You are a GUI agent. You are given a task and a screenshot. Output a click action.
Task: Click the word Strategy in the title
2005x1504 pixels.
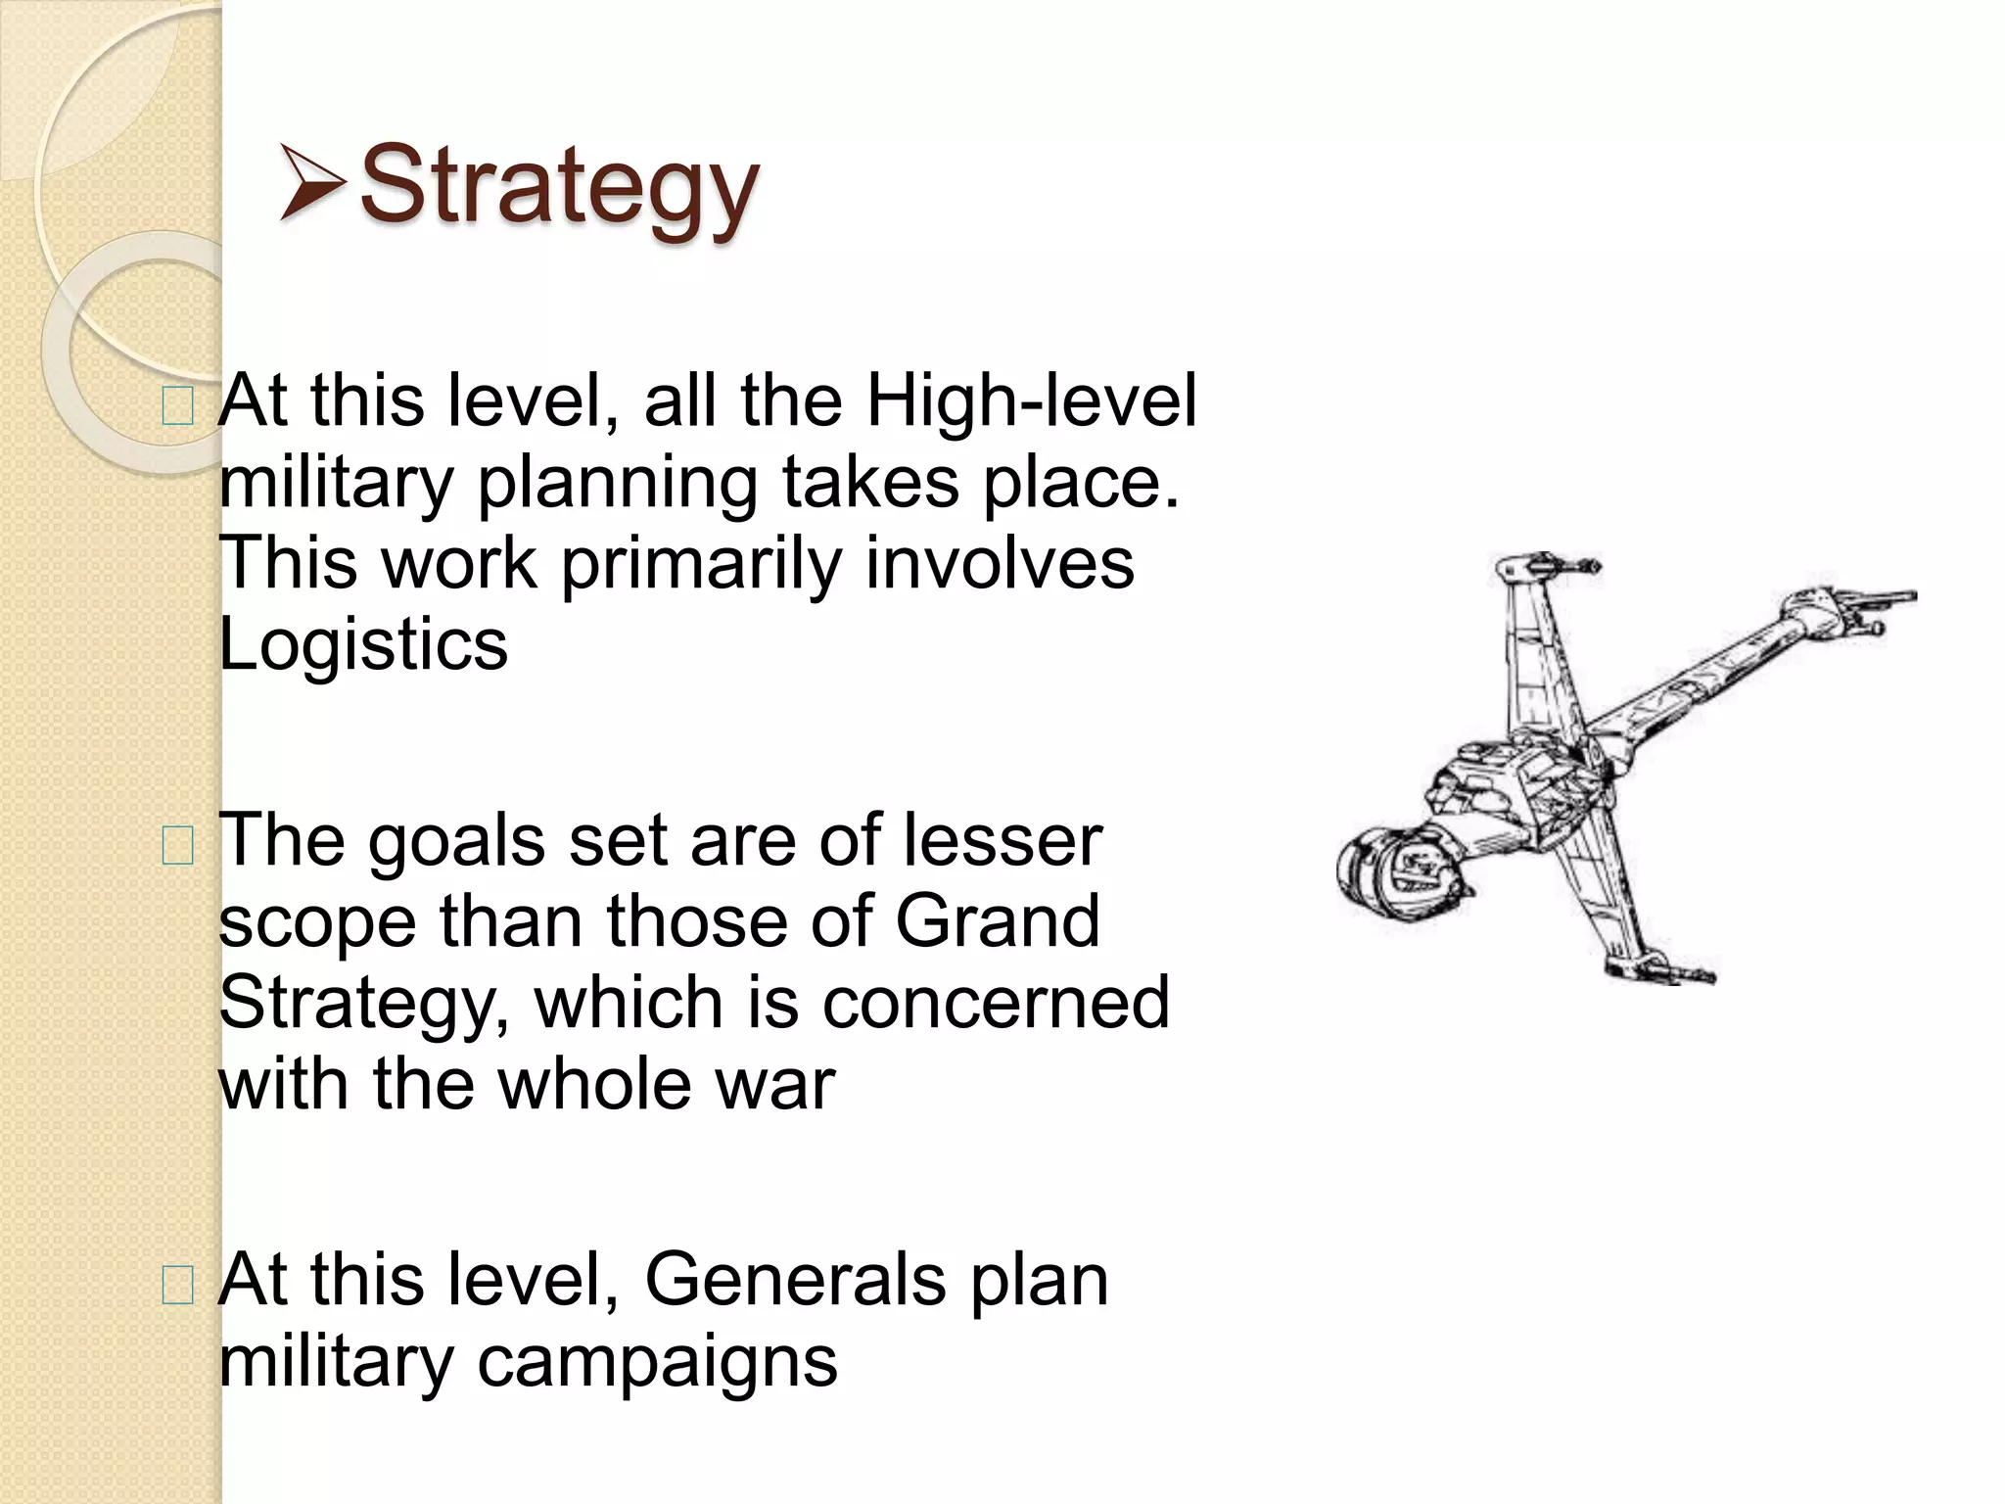(559, 186)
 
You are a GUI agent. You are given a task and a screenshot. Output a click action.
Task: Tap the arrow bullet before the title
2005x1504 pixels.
(311, 181)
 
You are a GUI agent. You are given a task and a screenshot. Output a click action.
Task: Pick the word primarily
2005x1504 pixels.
(701, 563)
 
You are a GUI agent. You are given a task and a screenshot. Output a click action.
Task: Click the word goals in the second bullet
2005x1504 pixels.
(456, 840)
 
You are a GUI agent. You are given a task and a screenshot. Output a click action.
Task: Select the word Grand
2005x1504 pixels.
(998, 920)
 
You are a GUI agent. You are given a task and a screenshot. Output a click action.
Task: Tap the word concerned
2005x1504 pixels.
(996, 1002)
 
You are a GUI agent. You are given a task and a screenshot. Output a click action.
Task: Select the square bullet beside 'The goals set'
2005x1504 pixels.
(177, 845)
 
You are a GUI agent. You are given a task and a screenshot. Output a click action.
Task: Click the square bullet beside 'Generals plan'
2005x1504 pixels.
(177, 1284)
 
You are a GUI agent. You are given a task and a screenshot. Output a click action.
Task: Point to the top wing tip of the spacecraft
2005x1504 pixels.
(1542, 565)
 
